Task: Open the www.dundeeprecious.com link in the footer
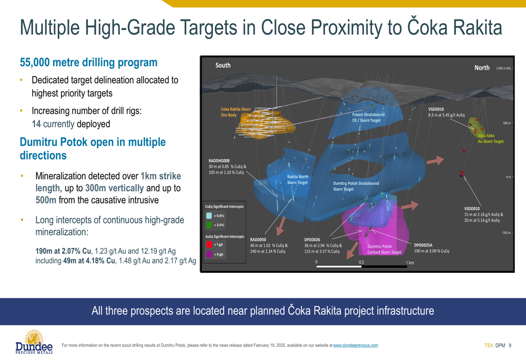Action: click(356, 345)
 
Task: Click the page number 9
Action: click(510, 345)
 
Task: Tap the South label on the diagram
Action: click(222, 65)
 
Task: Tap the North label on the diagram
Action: click(482, 68)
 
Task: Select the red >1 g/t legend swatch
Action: click(209, 244)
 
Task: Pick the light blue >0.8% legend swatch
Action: click(209, 215)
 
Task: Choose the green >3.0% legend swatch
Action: click(209, 225)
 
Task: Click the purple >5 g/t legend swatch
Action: click(209, 254)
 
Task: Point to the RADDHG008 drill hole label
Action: click(219, 161)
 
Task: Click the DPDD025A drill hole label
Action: click(423, 245)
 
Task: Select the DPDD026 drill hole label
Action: click(312, 240)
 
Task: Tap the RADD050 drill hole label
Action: click(258, 240)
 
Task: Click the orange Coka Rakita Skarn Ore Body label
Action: click(236, 112)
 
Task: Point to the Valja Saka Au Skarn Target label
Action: click(490, 138)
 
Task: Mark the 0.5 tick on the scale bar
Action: click(361, 262)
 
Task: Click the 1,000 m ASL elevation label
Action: click(503, 68)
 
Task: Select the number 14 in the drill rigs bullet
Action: click(36, 124)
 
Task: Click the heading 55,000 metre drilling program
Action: click(88, 63)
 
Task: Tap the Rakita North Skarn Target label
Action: click(297, 180)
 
